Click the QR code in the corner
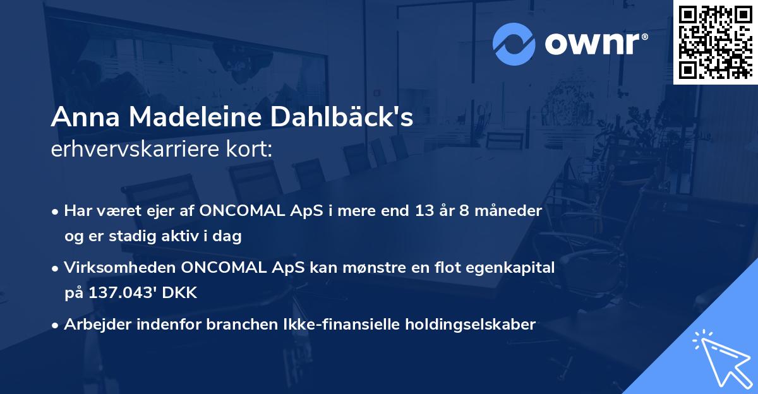coord(715,42)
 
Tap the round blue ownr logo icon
coord(514,44)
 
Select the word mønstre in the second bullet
coord(365,268)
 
